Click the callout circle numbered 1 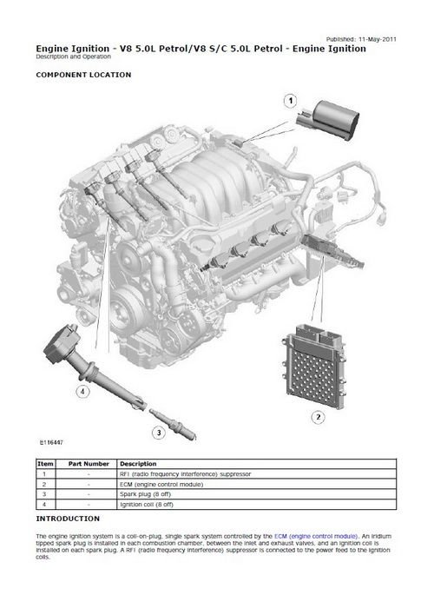point(290,101)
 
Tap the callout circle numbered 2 point(318,417)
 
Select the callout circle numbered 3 point(159,433)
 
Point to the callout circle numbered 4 point(82,391)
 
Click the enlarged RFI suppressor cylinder point(328,119)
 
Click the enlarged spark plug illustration point(173,425)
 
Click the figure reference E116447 point(51,442)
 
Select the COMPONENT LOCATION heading point(83,75)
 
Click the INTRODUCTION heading point(68,519)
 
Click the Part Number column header point(89,464)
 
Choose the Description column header point(138,464)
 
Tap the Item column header point(45,464)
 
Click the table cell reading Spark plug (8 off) point(146,494)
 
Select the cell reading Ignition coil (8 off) point(147,505)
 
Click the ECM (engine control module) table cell point(161,485)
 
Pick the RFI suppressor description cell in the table point(186,473)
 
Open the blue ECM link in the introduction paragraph point(316,536)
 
